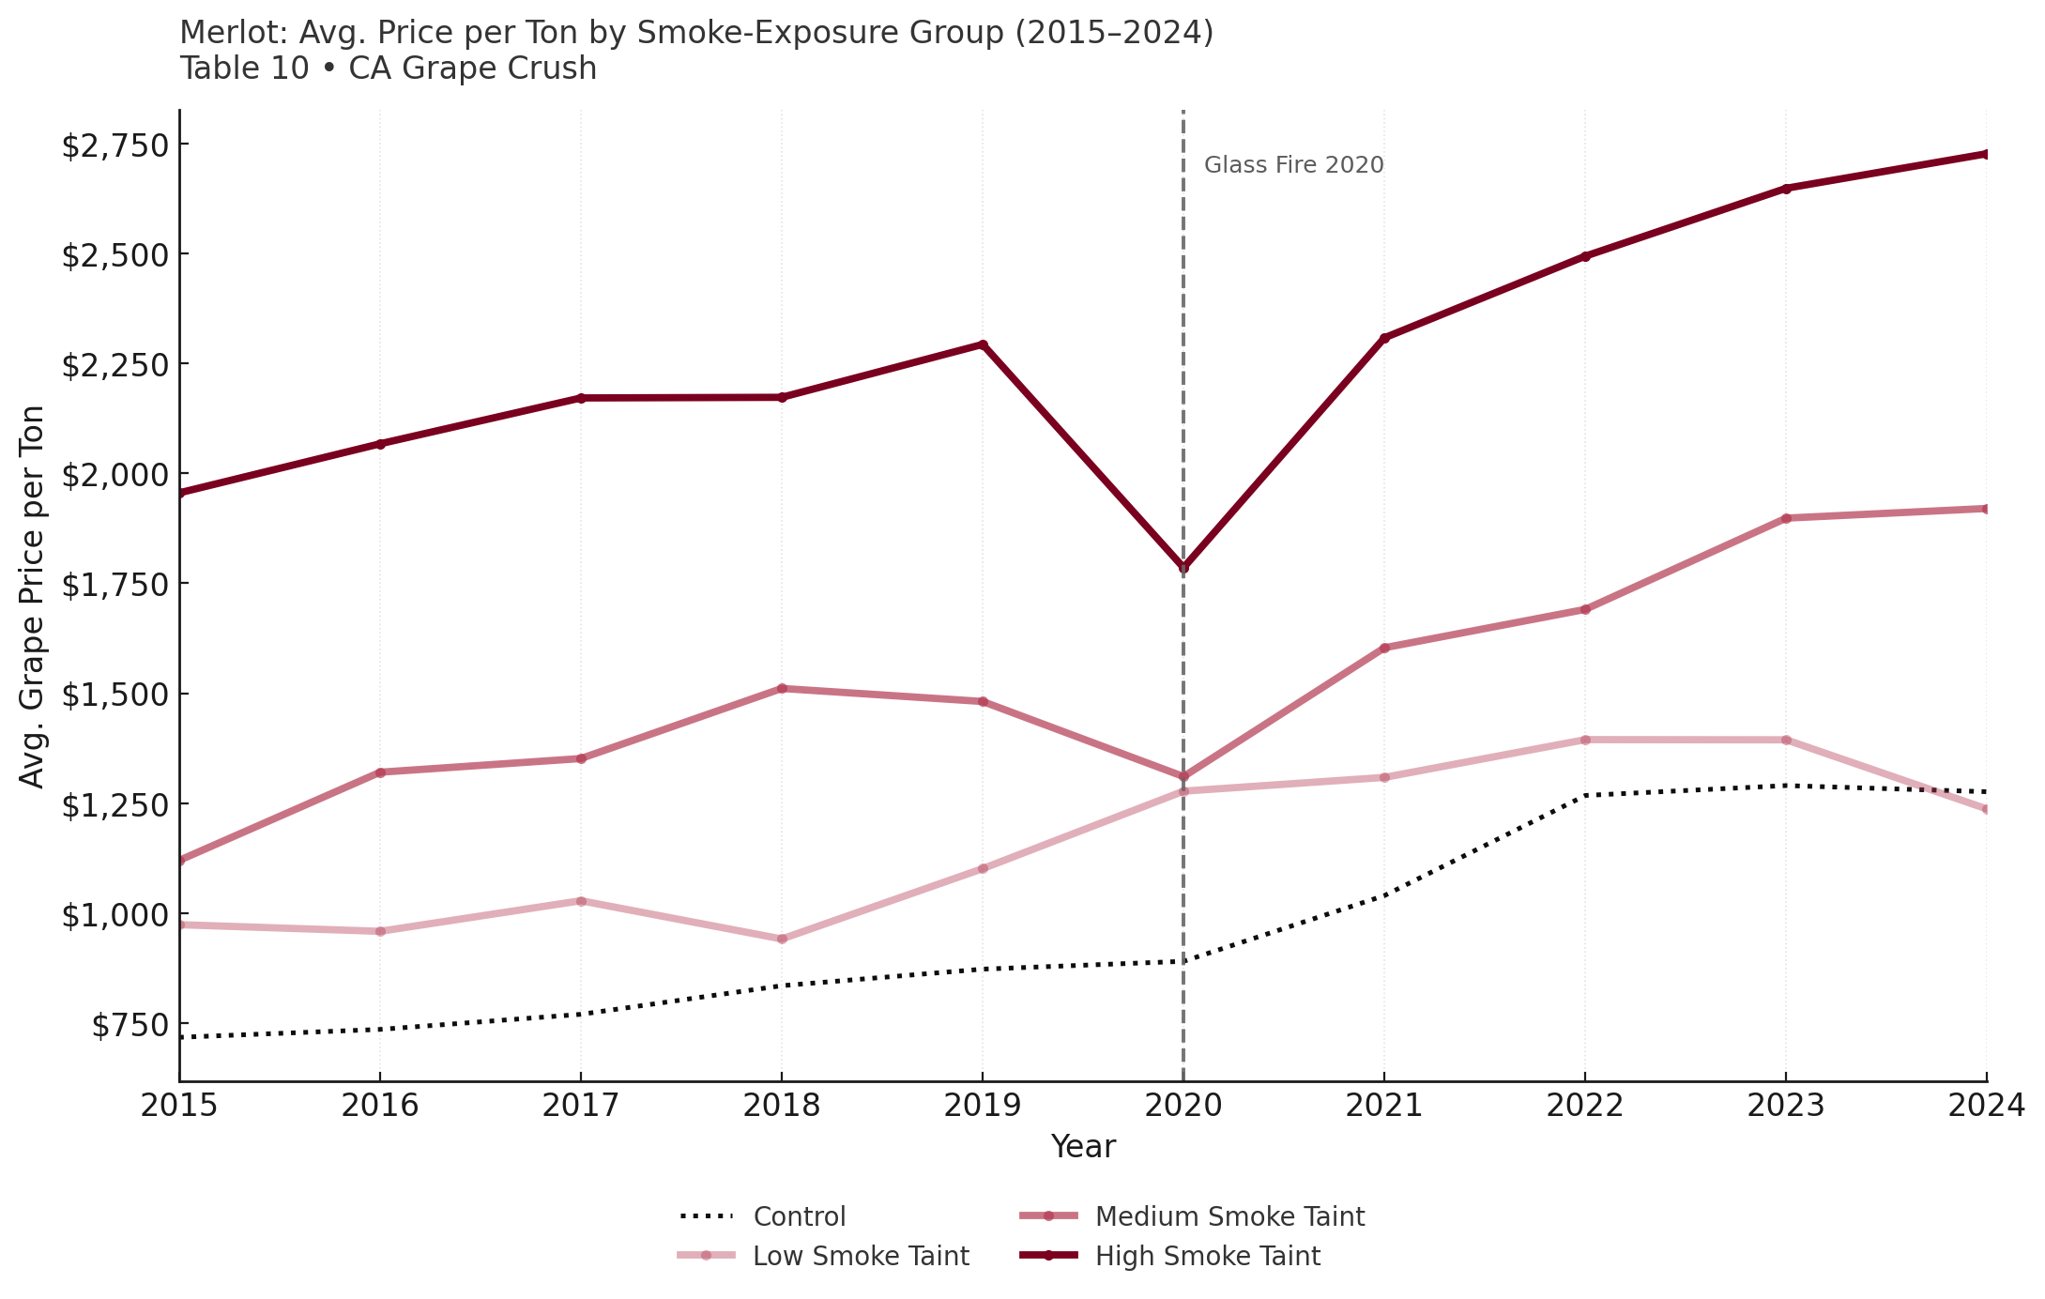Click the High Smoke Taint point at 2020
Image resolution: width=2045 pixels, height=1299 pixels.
pos(1183,567)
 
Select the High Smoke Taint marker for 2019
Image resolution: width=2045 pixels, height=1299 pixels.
pos(983,344)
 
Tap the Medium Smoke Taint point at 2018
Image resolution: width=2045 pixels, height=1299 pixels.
pos(782,689)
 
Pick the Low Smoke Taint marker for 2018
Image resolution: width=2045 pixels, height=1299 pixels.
pos(782,939)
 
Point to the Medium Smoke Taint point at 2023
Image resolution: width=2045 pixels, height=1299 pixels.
pos(1786,518)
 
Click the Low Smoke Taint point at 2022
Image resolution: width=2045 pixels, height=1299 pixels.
pos(1585,740)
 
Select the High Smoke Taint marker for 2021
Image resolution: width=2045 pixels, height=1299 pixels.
pos(1384,338)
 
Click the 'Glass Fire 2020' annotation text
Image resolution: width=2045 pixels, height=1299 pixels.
pos(1293,165)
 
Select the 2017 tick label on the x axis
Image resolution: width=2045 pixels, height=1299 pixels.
pos(581,1106)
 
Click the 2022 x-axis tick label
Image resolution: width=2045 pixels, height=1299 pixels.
pos(1585,1106)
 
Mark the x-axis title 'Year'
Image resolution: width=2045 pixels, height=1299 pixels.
pos(1083,1147)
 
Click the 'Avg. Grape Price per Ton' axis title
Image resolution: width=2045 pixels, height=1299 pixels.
pos(32,597)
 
